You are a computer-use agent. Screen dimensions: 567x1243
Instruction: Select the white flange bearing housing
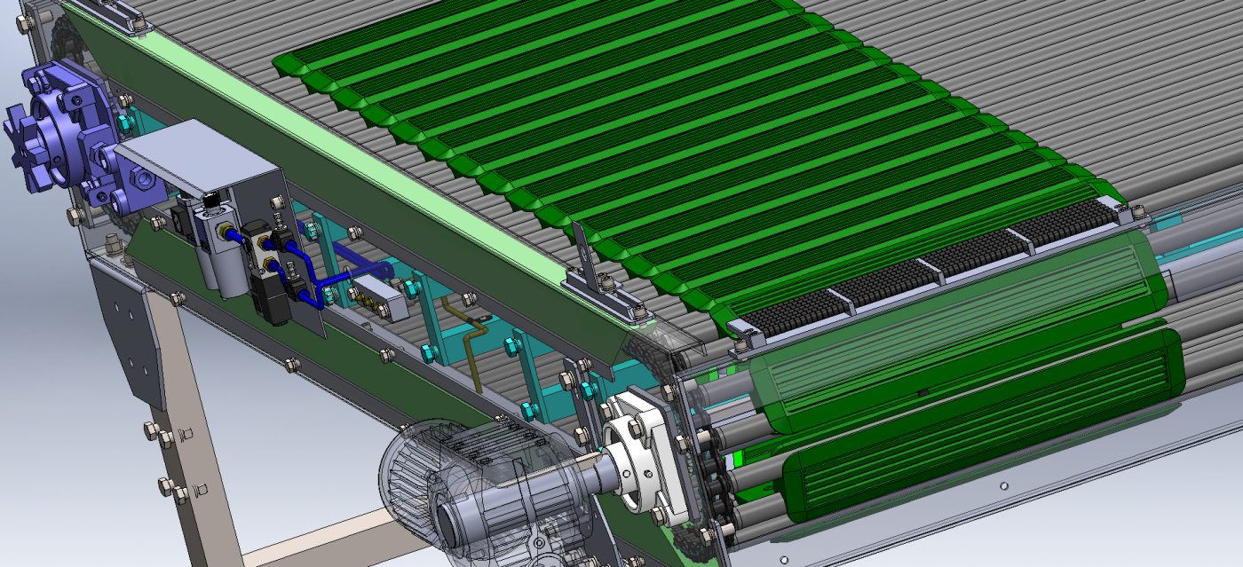click(x=639, y=453)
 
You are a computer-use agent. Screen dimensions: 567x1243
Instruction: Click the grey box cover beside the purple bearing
click(x=200, y=160)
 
